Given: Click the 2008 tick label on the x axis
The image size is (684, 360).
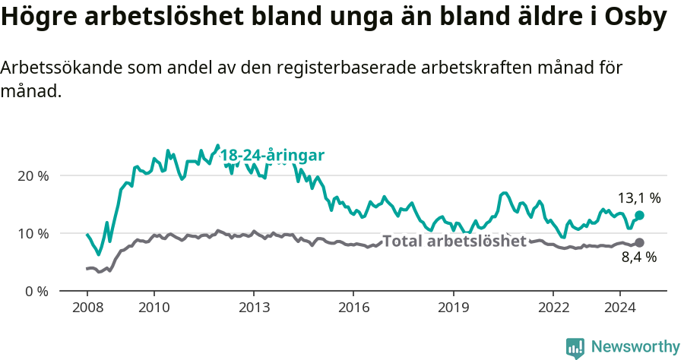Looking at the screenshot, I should pyautogui.click(x=87, y=308).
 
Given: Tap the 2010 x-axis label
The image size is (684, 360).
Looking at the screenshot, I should pyautogui.click(x=154, y=308).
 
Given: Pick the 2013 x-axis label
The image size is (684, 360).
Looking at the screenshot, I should pyautogui.click(x=254, y=308).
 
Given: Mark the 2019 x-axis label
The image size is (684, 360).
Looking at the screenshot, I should pyautogui.click(x=454, y=308).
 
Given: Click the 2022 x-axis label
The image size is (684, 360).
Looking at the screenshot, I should pyautogui.click(x=553, y=308).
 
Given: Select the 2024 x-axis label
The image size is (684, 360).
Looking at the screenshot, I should pyautogui.click(x=619, y=308).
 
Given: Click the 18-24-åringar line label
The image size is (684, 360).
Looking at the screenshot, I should pyautogui.click(x=272, y=156).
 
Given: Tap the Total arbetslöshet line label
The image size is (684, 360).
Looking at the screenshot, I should pyautogui.click(x=454, y=242).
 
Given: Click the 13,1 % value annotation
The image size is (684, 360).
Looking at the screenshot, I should pyautogui.click(x=638, y=198).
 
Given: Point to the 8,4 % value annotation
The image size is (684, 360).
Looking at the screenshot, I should pyautogui.click(x=638, y=257).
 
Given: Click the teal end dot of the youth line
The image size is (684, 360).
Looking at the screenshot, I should pyautogui.click(x=639, y=216).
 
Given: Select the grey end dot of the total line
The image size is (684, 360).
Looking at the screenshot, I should pyautogui.click(x=639, y=243).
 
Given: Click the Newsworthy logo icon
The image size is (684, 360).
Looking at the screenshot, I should pyautogui.click(x=575, y=347).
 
